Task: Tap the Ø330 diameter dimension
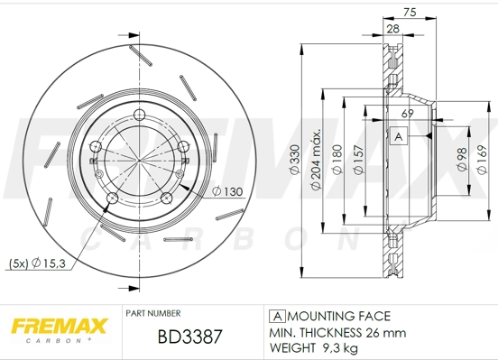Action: pyautogui.click(x=294, y=160)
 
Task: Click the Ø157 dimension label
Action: pyautogui.click(x=359, y=160)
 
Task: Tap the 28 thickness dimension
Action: pyautogui.click(x=393, y=30)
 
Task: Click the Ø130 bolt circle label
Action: pyautogui.click(x=229, y=191)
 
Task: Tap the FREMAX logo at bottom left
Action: pyautogui.click(x=59, y=325)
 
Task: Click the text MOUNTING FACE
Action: pyautogui.click(x=339, y=316)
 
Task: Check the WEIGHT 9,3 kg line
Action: pyautogui.click(x=315, y=346)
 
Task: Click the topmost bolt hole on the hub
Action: pyautogui.click(x=140, y=113)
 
